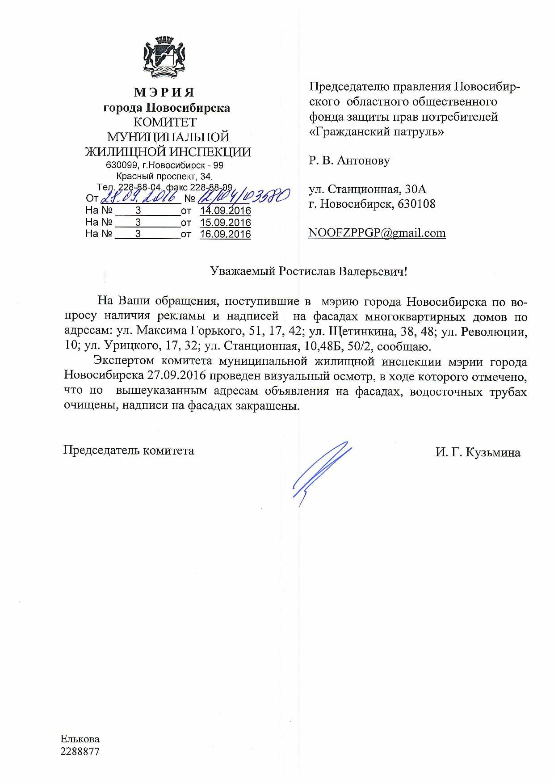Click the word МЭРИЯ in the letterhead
point(164,93)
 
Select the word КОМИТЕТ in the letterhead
point(165,122)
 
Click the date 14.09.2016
point(225,210)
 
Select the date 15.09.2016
point(225,222)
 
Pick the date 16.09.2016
point(225,234)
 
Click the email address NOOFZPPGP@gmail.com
point(377,233)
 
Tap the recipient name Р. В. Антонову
point(349,160)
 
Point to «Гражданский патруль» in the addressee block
point(376,132)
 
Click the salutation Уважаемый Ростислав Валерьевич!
point(309,271)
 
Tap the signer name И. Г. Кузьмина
point(478,453)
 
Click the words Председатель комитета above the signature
point(129,450)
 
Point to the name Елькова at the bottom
point(80,739)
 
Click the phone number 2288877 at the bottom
point(80,751)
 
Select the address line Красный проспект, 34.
point(164,176)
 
